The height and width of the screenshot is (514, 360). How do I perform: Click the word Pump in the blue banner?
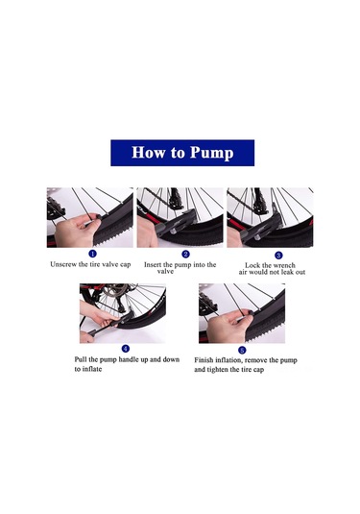(x=212, y=153)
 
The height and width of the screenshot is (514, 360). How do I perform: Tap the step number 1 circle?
(x=93, y=254)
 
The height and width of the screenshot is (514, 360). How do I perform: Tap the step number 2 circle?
(x=185, y=254)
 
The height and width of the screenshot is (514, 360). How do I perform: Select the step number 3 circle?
(x=278, y=256)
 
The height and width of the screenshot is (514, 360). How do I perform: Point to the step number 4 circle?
(x=126, y=349)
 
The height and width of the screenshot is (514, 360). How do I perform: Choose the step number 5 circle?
(x=242, y=351)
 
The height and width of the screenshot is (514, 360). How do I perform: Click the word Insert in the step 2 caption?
(x=153, y=264)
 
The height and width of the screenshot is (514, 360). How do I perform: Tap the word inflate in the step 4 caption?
(x=92, y=369)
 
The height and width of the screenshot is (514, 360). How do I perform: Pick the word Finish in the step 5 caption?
(x=204, y=360)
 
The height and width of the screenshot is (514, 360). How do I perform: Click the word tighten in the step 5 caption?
(x=218, y=370)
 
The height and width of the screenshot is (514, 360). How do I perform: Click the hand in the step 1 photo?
(x=76, y=231)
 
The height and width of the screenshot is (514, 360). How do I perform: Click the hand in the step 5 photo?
(x=227, y=326)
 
